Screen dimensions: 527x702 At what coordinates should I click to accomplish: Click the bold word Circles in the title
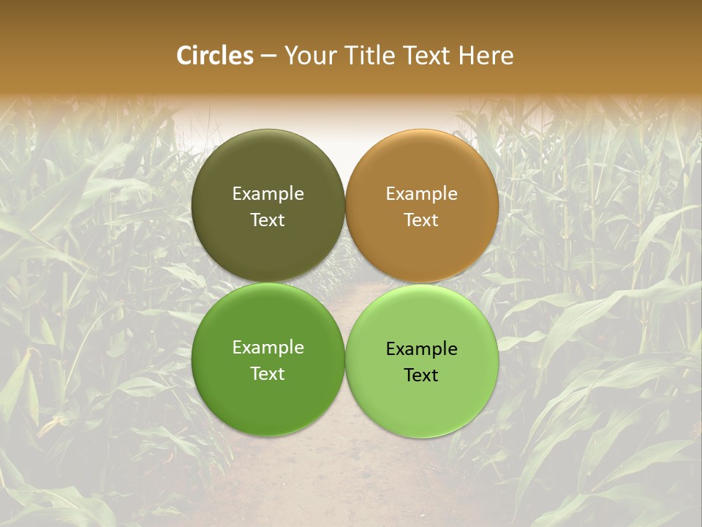pos(215,56)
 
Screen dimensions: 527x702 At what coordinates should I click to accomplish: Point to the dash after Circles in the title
pos(268,56)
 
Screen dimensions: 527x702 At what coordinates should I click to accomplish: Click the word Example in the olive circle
pos(268,194)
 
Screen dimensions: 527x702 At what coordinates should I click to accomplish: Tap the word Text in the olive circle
pos(268,220)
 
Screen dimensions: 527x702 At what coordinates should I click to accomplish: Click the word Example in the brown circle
pos(422,194)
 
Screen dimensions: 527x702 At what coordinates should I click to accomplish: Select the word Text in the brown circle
pos(422,220)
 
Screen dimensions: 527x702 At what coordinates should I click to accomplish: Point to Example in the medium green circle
pos(268,348)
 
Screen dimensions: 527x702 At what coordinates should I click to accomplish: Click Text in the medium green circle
pos(268,374)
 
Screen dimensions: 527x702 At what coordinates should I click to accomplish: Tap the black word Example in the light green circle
pos(422,349)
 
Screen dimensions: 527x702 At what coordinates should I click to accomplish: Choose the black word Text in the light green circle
pos(422,375)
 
